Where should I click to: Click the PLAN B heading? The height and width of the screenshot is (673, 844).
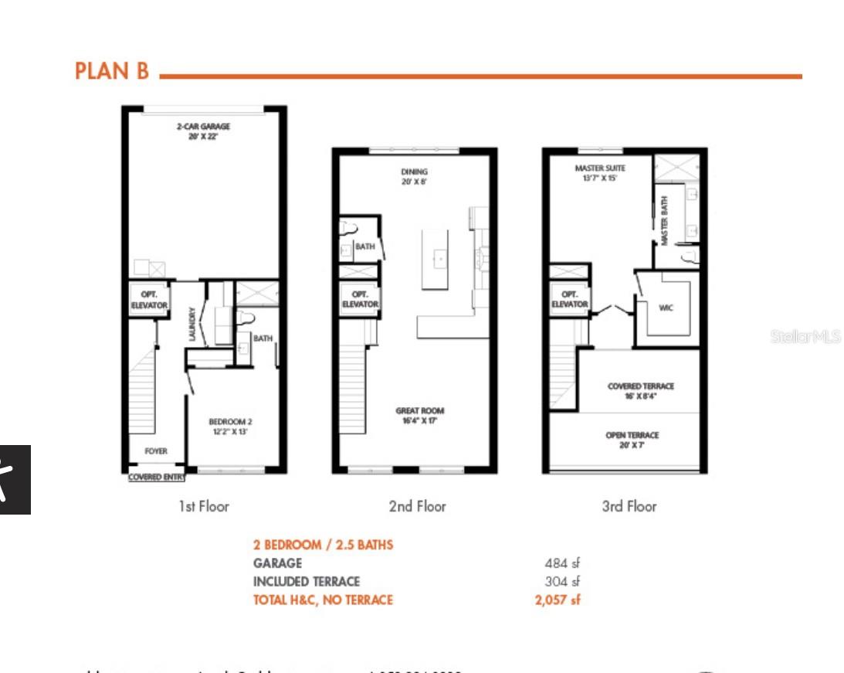pyautogui.click(x=111, y=71)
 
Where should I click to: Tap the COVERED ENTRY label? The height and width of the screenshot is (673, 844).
pyautogui.click(x=156, y=478)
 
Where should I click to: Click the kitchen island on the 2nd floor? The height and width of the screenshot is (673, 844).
pyautogui.click(x=435, y=260)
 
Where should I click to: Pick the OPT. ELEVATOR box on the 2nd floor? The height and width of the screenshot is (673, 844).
pyautogui.click(x=360, y=300)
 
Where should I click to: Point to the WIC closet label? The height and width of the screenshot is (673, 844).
pyautogui.click(x=666, y=308)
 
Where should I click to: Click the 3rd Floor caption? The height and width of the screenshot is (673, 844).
pyautogui.click(x=629, y=507)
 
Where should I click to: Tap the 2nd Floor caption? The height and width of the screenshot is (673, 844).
pyautogui.click(x=417, y=507)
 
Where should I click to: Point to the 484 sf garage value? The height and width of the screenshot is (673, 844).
pyautogui.click(x=561, y=563)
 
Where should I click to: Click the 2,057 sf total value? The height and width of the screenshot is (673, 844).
pyautogui.click(x=557, y=600)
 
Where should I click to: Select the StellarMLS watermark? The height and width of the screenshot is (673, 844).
pyautogui.click(x=805, y=336)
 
